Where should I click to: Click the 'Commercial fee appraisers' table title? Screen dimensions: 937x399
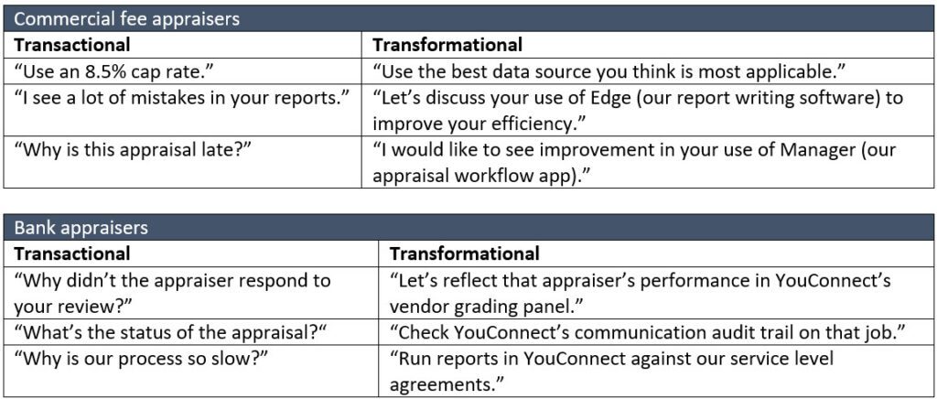[x=126, y=19]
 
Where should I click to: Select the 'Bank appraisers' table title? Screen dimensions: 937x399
[x=81, y=228]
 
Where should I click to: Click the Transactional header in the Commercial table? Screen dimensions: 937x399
[x=71, y=45]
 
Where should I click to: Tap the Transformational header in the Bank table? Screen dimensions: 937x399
[x=464, y=253]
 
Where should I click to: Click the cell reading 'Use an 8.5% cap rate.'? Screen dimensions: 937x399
[x=114, y=71]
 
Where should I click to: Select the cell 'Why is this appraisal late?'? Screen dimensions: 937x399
[x=132, y=149]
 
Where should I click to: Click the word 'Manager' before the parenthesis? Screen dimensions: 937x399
[x=817, y=149]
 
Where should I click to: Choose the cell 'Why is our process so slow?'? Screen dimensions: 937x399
[x=141, y=359]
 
